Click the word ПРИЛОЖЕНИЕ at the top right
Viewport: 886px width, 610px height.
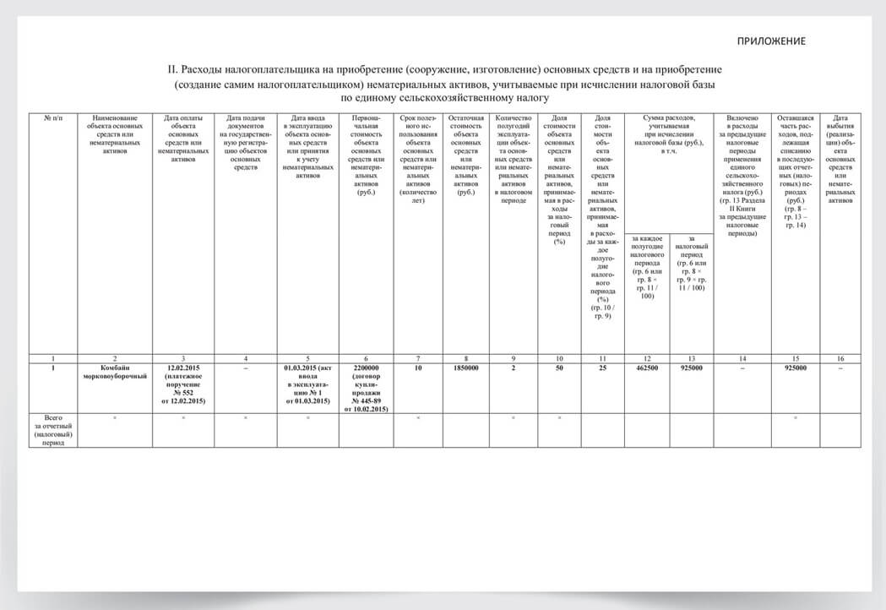click(770, 41)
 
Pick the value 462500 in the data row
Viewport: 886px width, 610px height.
click(646, 368)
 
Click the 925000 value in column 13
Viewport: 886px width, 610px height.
click(691, 368)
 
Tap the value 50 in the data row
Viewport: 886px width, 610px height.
click(558, 368)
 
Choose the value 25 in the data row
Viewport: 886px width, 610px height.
click(602, 368)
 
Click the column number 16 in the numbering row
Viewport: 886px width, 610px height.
click(840, 358)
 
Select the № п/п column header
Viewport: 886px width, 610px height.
click(53, 118)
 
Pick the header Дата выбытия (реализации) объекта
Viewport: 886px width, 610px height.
click(840, 160)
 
